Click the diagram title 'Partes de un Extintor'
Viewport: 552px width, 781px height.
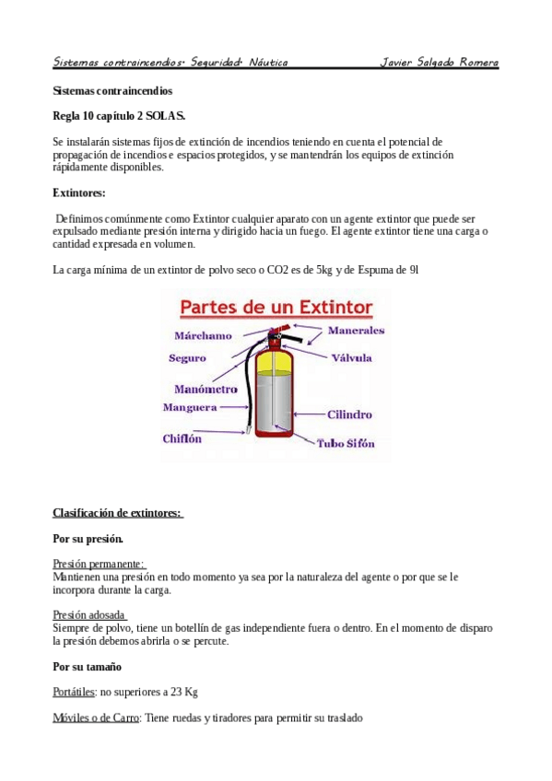275,306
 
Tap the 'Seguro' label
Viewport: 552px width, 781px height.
187,358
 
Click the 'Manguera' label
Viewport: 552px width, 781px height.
190,407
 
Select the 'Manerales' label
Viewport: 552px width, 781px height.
356,330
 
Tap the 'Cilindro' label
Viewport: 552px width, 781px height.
349,415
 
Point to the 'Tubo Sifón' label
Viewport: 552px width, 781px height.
346,444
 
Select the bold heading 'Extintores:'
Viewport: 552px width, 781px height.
79,193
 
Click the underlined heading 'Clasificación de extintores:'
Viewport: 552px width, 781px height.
118,513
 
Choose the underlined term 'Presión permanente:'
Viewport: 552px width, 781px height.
100,564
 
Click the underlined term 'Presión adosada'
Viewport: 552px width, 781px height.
89,615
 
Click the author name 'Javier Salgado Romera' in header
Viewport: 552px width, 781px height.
440,63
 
